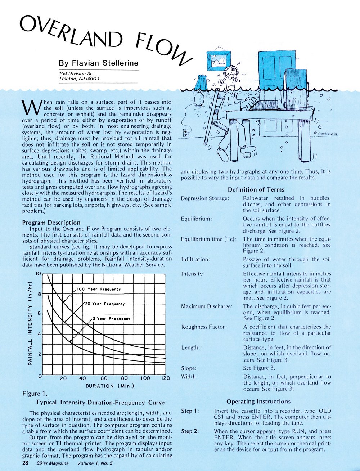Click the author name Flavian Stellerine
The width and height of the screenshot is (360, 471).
98,63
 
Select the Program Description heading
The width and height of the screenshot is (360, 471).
51,222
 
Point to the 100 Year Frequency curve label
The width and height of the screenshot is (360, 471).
99,289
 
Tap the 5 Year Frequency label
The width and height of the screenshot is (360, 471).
112,319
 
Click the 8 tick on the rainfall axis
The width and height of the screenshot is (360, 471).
40,294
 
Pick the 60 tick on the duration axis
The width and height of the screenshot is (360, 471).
104,378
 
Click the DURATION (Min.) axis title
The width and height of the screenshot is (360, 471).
110,386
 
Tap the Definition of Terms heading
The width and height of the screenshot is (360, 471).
256,189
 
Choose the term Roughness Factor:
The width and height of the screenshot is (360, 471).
204,327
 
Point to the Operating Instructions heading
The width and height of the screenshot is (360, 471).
258,401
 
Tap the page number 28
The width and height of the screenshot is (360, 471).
26,463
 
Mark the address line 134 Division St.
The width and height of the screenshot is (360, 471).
76,73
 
